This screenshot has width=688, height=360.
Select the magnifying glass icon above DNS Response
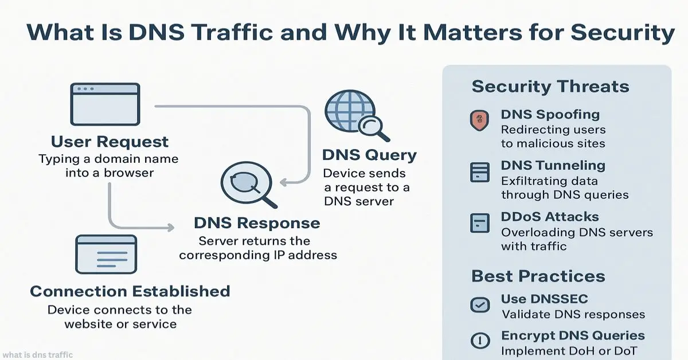click(x=246, y=184)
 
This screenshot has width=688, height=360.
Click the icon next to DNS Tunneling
click(x=479, y=172)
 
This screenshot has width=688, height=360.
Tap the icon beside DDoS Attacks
click(x=479, y=222)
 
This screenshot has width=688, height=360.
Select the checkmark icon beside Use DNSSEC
click(x=479, y=304)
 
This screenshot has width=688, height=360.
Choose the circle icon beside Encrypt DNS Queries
click(x=479, y=341)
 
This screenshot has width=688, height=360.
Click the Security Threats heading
click(x=550, y=87)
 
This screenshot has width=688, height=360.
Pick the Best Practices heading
click(x=538, y=276)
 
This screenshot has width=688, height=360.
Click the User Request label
click(x=110, y=142)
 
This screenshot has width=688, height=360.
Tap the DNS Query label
click(x=369, y=155)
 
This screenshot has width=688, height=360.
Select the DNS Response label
click(x=257, y=223)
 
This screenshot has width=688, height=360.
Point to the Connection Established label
click(x=130, y=291)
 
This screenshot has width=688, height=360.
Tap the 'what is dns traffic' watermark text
click(x=38, y=355)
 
